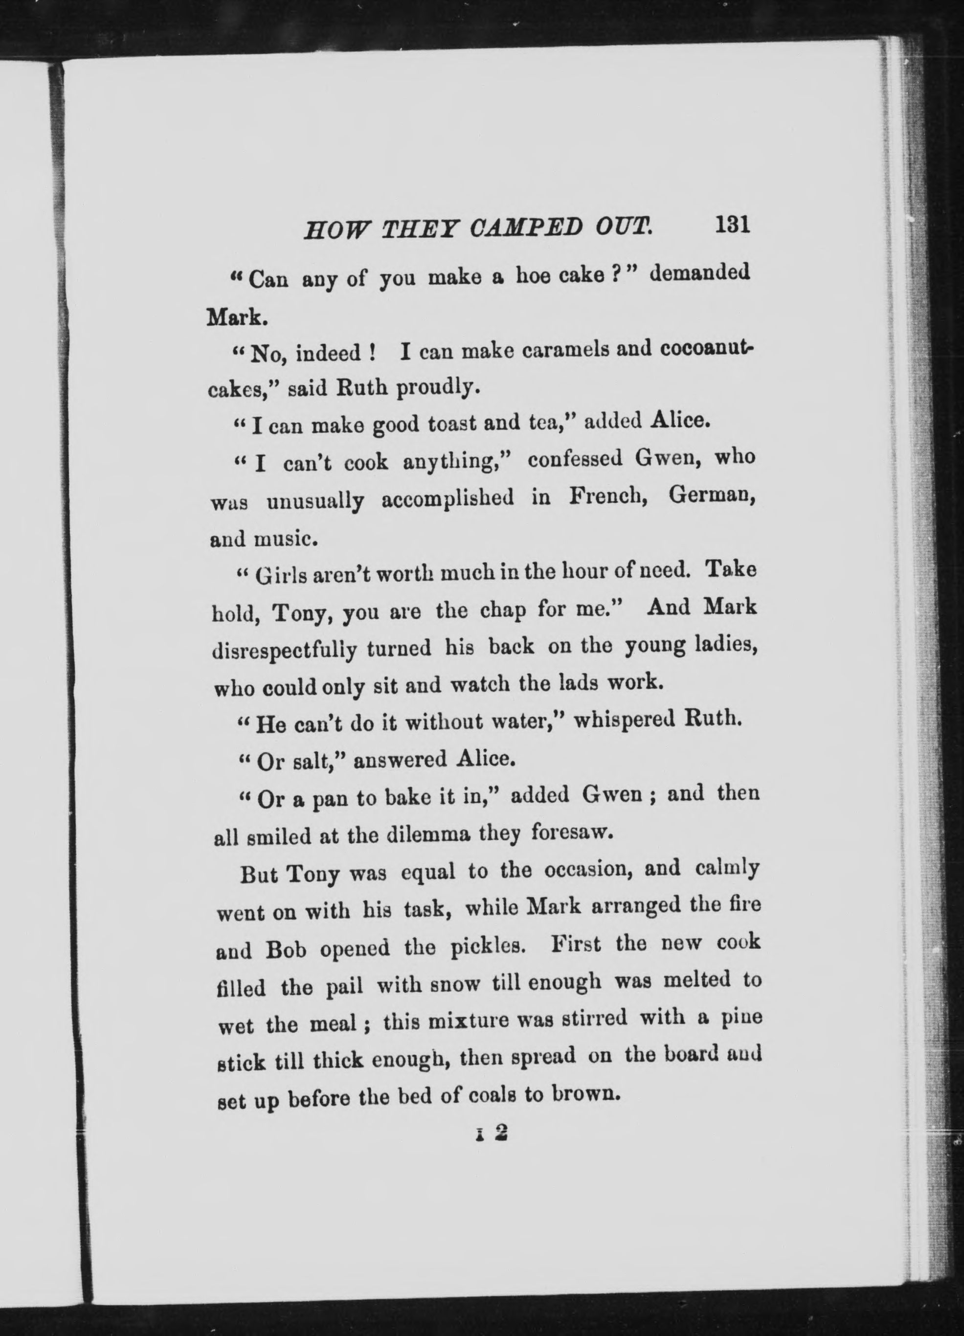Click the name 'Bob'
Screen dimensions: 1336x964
click(x=286, y=950)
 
